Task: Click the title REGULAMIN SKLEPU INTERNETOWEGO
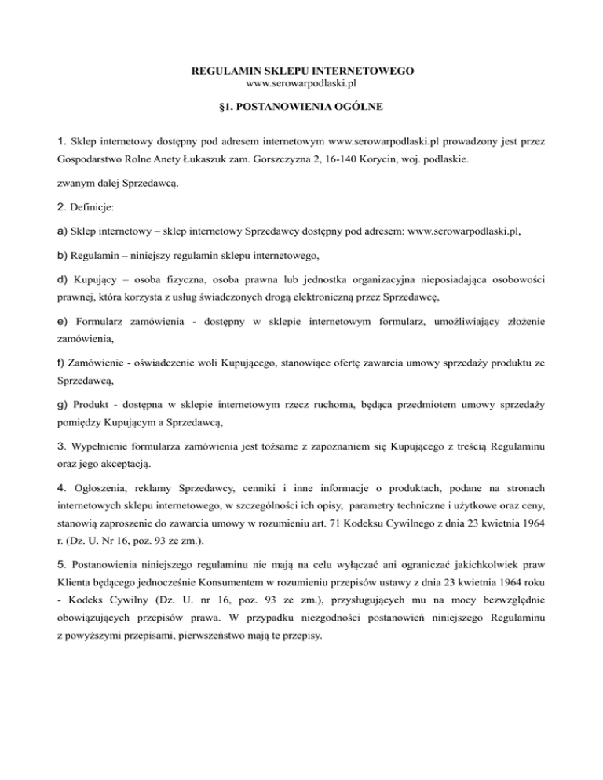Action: [303, 71]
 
